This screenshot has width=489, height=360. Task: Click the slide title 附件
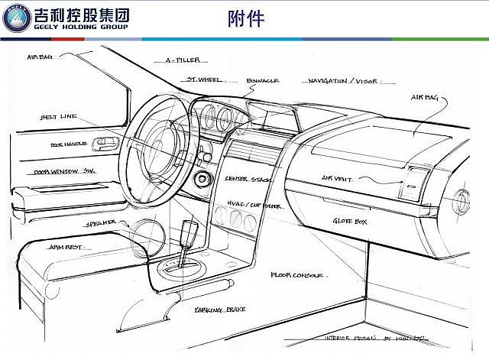(x=247, y=19)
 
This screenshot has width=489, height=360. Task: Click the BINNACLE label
(x=262, y=79)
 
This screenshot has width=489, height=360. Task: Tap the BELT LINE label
(x=58, y=117)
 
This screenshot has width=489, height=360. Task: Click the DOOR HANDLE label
(x=68, y=144)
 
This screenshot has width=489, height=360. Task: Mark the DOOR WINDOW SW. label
(x=63, y=173)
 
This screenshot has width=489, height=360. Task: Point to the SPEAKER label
(x=100, y=223)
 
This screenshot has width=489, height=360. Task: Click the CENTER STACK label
(x=248, y=179)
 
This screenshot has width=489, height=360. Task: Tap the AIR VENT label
(x=337, y=179)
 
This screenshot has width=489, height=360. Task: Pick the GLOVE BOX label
(x=350, y=222)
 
